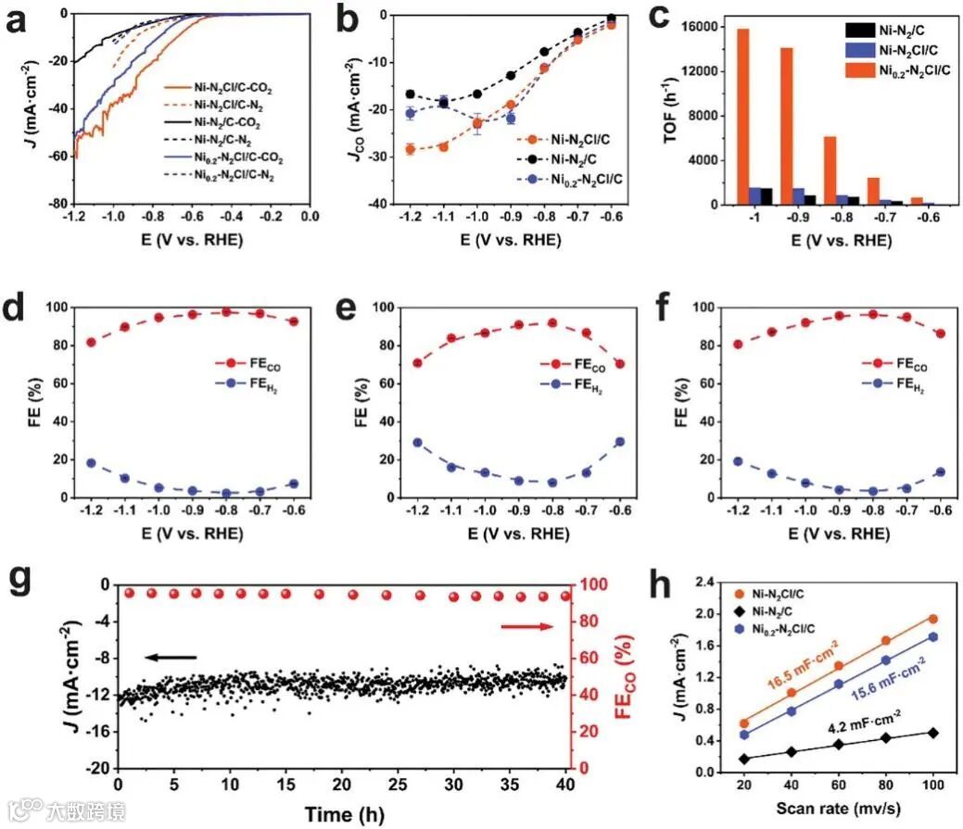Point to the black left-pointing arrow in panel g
pyautogui.click(x=171, y=658)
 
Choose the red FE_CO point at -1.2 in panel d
pyautogui.click(x=91, y=342)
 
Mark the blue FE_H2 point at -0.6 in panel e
pyautogui.click(x=619, y=442)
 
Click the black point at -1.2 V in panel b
pyautogui.click(x=410, y=94)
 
